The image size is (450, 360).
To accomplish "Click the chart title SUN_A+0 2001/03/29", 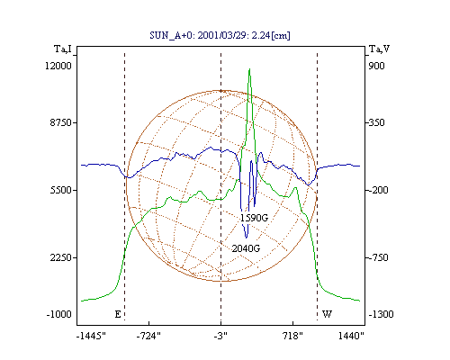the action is click(x=220, y=35).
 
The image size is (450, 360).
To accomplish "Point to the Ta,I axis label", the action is click(x=63, y=49).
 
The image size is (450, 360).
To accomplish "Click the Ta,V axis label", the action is click(x=379, y=49).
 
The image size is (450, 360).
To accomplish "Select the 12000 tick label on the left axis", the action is click(x=58, y=66).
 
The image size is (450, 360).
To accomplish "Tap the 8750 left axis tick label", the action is click(x=60, y=122).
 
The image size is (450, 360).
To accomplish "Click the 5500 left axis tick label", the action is click(x=60, y=190).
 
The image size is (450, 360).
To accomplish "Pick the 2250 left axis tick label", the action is click(x=60, y=257).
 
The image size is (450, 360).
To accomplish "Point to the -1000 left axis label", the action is click(x=58, y=314).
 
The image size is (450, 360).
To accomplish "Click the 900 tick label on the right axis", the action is click(x=376, y=66).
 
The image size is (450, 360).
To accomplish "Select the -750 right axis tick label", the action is click(x=378, y=257).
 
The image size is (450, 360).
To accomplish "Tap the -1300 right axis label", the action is click(x=381, y=314).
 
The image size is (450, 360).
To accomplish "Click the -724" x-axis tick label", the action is click(x=148, y=336).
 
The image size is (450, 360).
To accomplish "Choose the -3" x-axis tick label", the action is click(x=220, y=336).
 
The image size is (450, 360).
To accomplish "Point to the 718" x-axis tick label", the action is click(x=292, y=336).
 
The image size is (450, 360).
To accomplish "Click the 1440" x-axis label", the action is click(x=351, y=336).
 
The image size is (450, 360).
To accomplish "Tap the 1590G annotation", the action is click(x=254, y=218).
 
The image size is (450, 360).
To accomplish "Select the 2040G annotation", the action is click(x=246, y=248).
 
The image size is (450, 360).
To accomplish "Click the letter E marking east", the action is click(x=118, y=314).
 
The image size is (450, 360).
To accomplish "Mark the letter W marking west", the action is click(x=327, y=314).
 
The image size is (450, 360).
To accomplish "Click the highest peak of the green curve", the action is click(x=249, y=69).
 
